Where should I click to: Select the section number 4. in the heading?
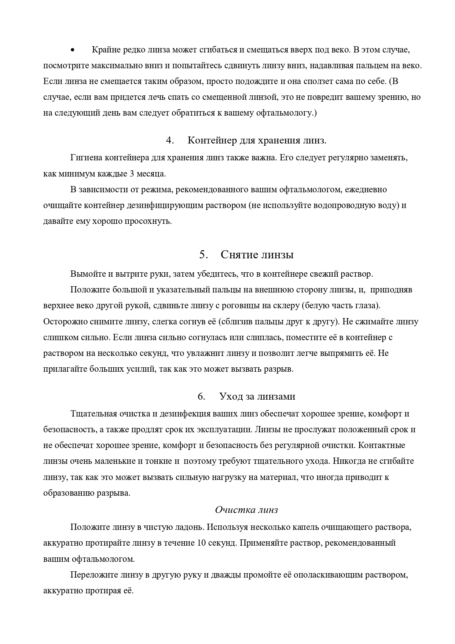point(169,141)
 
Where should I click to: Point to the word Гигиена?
point(86,158)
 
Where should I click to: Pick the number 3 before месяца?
point(132,174)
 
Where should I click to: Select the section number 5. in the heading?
point(204,255)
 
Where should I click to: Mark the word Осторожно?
point(65,322)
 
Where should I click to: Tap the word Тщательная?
point(93,414)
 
